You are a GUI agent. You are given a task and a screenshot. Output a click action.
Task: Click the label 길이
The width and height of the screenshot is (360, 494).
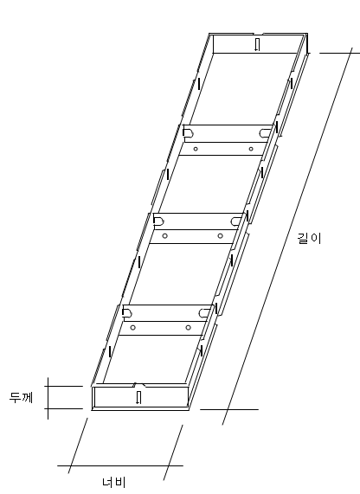(309, 239)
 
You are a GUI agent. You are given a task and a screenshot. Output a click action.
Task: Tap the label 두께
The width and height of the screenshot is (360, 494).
(21, 398)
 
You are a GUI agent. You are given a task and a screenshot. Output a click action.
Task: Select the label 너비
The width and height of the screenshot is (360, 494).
(114, 482)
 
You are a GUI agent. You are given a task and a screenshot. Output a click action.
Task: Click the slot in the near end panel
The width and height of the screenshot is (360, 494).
(138, 397)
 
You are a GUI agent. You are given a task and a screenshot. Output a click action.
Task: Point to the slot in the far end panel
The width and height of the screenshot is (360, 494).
(257, 44)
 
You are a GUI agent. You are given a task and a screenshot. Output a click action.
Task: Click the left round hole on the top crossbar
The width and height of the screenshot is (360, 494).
(196, 149)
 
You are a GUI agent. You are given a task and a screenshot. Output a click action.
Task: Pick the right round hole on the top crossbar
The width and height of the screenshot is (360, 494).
(251, 149)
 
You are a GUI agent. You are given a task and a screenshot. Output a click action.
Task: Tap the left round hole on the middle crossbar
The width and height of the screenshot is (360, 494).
(165, 235)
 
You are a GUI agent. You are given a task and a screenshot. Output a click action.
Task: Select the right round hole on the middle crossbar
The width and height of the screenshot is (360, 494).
(221, 235)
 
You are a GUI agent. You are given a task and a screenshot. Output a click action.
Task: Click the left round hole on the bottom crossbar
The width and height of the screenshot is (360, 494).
(133, 327)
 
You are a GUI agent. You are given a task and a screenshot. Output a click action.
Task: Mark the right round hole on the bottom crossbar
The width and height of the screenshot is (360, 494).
(188, 327)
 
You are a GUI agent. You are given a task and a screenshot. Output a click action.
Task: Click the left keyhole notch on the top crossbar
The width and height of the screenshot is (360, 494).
(188, 133)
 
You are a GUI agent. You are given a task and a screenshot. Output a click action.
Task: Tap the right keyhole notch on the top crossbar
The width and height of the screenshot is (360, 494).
(266, 133)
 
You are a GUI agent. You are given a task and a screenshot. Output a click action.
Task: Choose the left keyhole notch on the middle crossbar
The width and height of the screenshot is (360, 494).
(158, 221)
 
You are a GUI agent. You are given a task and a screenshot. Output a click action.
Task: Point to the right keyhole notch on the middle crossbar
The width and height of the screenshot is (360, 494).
(236, 221)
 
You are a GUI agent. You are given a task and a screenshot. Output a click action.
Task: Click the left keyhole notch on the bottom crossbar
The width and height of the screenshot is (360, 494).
(127, 313)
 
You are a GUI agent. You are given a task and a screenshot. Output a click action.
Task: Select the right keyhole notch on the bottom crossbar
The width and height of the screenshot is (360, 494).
(205, 313)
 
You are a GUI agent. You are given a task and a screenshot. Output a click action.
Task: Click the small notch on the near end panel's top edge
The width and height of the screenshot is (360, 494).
(138, 385)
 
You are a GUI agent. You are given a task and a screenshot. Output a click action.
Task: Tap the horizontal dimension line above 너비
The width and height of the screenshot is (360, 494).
(120, 465)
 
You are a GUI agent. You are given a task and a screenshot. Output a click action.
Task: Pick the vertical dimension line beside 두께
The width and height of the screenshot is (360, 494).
(48, 399)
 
